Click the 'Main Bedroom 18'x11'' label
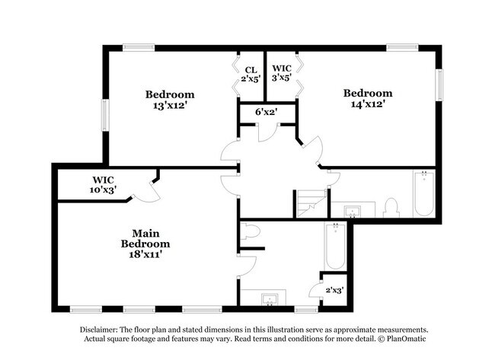click(145, 244)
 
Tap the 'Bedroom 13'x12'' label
click(170, 100)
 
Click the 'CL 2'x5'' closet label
click(250, 73)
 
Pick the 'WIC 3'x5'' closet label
click(282, 73)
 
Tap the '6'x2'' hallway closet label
click(265, 112)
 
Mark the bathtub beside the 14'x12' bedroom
click(423, 194)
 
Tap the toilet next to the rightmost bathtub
click(391, 207)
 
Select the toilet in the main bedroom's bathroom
click(252, 231)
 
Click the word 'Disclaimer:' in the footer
click(104, 330)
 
